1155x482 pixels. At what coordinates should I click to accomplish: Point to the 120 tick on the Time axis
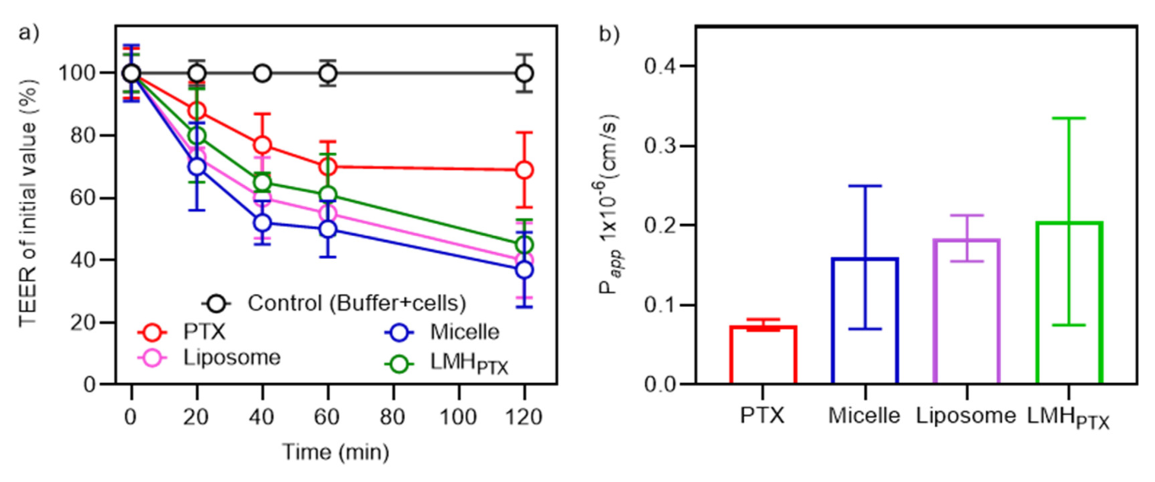click(x=524, y=417)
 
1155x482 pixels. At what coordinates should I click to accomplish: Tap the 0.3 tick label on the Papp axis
click(x=661, y=146)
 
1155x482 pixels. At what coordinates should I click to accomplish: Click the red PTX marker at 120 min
click(x=524, y=170)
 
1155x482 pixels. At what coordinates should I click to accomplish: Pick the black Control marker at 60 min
click(x=328, y=73)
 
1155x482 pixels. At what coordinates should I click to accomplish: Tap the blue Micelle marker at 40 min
click(x=262, y=222)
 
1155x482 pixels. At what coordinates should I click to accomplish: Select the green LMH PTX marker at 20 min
click(x=197, y=136)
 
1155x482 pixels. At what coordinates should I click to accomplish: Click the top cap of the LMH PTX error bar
click(x=1069, y=118)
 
